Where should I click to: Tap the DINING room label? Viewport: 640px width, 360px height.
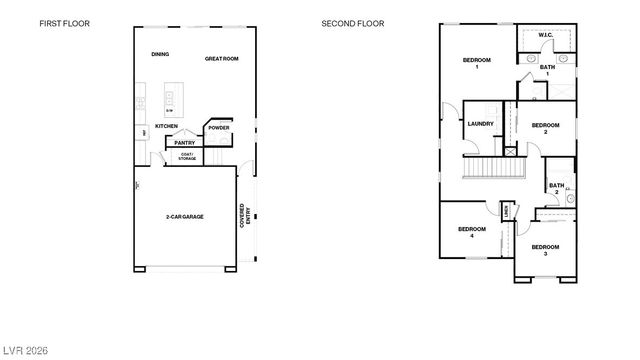159,54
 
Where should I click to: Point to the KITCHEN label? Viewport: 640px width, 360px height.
166,126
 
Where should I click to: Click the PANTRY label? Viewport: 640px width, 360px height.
185,143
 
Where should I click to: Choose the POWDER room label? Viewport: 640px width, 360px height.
218,128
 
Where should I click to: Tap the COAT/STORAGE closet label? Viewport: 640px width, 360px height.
186,156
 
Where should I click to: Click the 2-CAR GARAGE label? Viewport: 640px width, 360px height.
185,216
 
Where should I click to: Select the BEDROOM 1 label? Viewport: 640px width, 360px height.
477,63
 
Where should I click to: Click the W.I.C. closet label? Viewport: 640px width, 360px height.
545,35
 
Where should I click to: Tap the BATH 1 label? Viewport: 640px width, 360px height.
546,70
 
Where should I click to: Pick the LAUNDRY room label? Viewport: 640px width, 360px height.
481,124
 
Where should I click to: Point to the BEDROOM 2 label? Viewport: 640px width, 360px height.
545,128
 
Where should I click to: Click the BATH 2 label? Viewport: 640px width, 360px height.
556,187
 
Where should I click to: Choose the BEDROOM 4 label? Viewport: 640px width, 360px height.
472,232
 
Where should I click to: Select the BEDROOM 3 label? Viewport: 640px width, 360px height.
545,249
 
